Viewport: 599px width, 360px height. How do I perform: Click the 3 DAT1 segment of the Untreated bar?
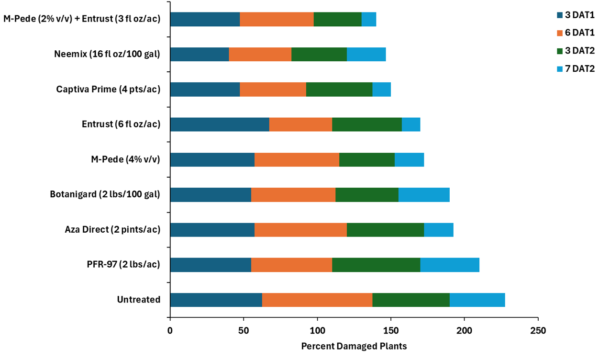click(x=216, y=300)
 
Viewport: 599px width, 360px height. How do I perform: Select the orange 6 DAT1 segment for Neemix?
click(x=260, y=54)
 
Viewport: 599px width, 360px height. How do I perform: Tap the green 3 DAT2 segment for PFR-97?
click(x=376, y=265)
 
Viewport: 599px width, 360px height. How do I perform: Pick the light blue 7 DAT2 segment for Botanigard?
click(x=424, y=195)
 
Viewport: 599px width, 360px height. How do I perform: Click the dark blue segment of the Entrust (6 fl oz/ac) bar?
click(x=220, y=124)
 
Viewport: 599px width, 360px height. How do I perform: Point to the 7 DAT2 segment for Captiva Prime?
click(x=381, y=90)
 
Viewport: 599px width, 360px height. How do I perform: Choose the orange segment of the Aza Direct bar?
click(x=300, y=230)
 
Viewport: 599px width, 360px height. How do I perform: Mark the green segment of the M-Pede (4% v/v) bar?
click(x=367, y=159)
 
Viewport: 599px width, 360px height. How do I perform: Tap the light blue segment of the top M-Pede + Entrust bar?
click(x=368, y=19)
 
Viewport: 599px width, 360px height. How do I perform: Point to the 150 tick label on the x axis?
click(x=391, y=331)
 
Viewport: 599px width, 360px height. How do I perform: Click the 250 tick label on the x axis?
click(x=538, y=331)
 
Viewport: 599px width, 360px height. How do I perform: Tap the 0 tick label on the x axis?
click(x=170, y=331)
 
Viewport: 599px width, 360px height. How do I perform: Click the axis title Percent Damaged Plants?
click(x=354, y=346)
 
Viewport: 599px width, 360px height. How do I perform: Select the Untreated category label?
click(x=139, y=300)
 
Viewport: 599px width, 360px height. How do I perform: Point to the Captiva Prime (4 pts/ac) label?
click(x=108, y=90)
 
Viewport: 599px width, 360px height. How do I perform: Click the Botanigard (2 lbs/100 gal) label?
click(x=105, y=195)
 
